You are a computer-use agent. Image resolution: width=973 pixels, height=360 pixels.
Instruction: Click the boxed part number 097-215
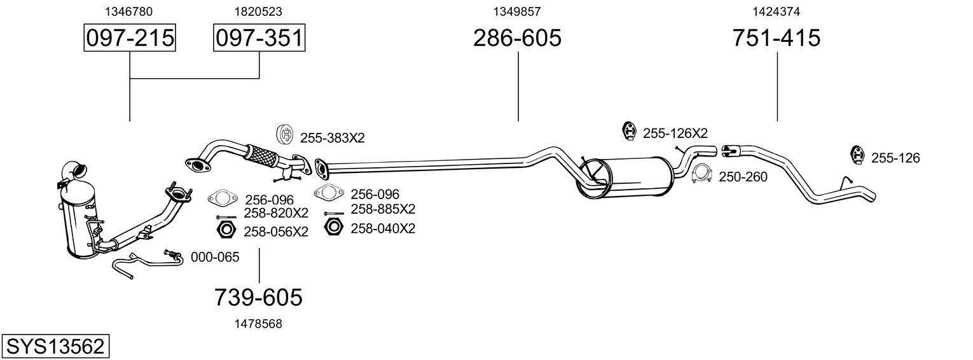pos(130,38)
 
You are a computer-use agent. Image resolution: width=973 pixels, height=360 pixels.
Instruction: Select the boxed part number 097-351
pos(259,38)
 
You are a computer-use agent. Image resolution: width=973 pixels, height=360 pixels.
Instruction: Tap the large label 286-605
pos(517,38)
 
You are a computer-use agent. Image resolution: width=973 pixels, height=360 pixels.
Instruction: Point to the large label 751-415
pos(776,38)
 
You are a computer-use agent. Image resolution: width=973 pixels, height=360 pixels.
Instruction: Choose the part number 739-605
pos(258,297)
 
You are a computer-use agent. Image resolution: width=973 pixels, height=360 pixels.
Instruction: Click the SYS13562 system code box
pos(55,347)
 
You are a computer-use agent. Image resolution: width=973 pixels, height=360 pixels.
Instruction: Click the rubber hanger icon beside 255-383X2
pos(286,135)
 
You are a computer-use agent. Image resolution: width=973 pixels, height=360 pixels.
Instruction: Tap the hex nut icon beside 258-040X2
pos(333,226)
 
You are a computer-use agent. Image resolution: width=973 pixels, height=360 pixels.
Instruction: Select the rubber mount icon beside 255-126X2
pos(629,130)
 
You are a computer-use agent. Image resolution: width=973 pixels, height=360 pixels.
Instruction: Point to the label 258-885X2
pos(383,209)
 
